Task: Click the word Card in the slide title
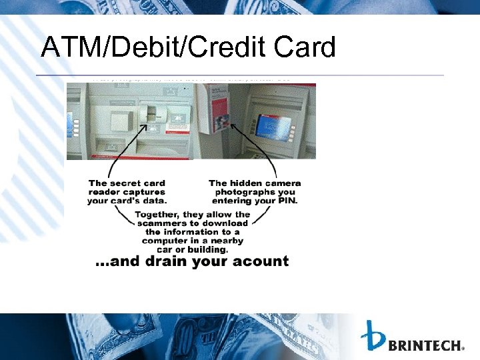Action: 301,47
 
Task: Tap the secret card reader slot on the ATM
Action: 153,116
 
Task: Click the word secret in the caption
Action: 131,183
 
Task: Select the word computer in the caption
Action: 164,241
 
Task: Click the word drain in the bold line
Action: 164,261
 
